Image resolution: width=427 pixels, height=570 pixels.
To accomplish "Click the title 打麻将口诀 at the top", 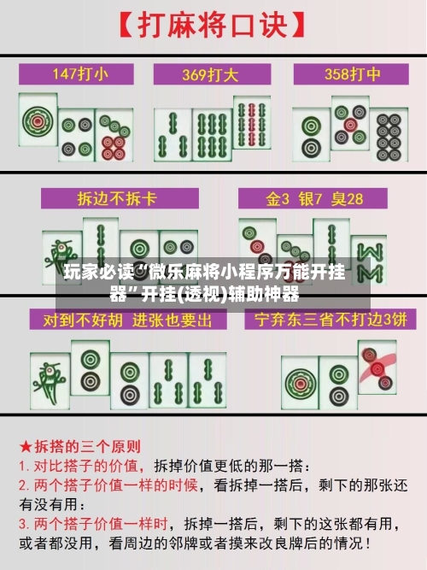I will tap(214, 25).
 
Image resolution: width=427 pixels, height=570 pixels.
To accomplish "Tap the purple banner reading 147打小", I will tap(80, 73).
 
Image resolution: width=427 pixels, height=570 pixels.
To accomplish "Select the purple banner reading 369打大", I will tap(213, 73).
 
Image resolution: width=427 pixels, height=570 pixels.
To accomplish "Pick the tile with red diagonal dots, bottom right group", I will tap(377, 367).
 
